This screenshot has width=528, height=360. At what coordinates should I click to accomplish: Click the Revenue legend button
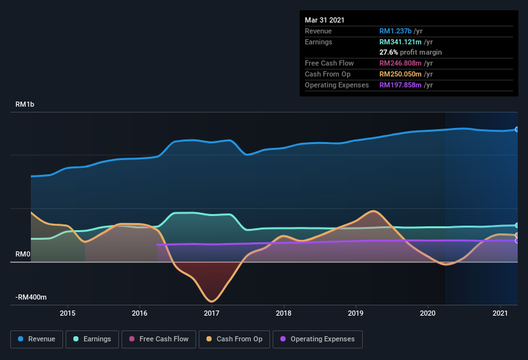(x=37, y=339)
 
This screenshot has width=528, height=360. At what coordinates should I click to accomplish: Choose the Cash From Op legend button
(x=234, y=339)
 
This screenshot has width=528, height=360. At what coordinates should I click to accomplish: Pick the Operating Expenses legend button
(x=317, y=339)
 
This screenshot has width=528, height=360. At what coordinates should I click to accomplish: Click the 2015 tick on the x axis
(x=68, y=313)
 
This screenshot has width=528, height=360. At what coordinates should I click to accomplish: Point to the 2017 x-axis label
(x=212, y=313)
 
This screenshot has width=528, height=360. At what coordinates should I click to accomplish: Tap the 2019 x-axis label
(x=356, y=313)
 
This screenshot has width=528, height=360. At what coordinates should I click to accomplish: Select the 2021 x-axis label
(x=500, y=313)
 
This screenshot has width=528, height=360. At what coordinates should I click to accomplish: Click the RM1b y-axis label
(x=25, y=104)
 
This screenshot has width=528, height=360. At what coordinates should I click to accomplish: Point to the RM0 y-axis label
(x=23, y=255)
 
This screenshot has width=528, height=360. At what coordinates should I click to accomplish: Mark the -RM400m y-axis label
(x=32, y=298)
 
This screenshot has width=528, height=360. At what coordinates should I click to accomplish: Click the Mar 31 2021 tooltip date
(x=325, y=20)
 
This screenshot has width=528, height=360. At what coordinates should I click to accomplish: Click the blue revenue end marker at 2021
(x=517, y=129)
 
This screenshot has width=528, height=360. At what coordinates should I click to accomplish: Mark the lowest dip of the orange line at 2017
(x=211, y=301)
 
